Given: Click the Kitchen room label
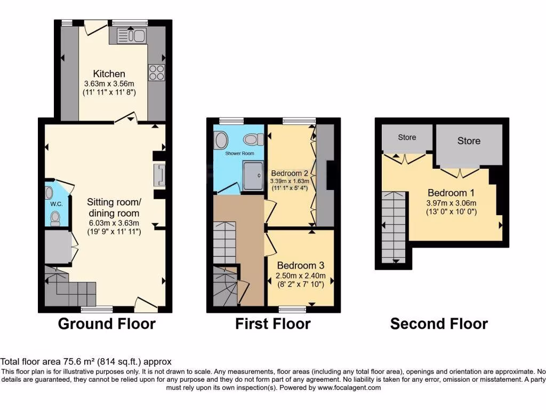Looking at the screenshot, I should [x=109, y=74].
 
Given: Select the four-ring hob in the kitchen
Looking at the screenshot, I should [x=157, y=72].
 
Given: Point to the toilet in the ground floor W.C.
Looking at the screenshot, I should [x=55, y=218].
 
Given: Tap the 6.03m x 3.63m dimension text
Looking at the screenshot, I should [x=113, y=223].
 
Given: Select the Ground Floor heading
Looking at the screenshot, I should [x=106, y=324].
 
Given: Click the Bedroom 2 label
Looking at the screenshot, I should [x=290, y=173].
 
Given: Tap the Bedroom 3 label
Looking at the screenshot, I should [x=300, y=265].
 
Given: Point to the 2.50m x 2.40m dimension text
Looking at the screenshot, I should [x=300, y=276].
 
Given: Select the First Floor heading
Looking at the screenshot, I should [x=272, y=324].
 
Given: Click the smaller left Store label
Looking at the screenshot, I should [x=407, y=137].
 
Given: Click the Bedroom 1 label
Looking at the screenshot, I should [x=451, y=193].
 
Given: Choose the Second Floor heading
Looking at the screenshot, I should [x=438, y=324].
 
